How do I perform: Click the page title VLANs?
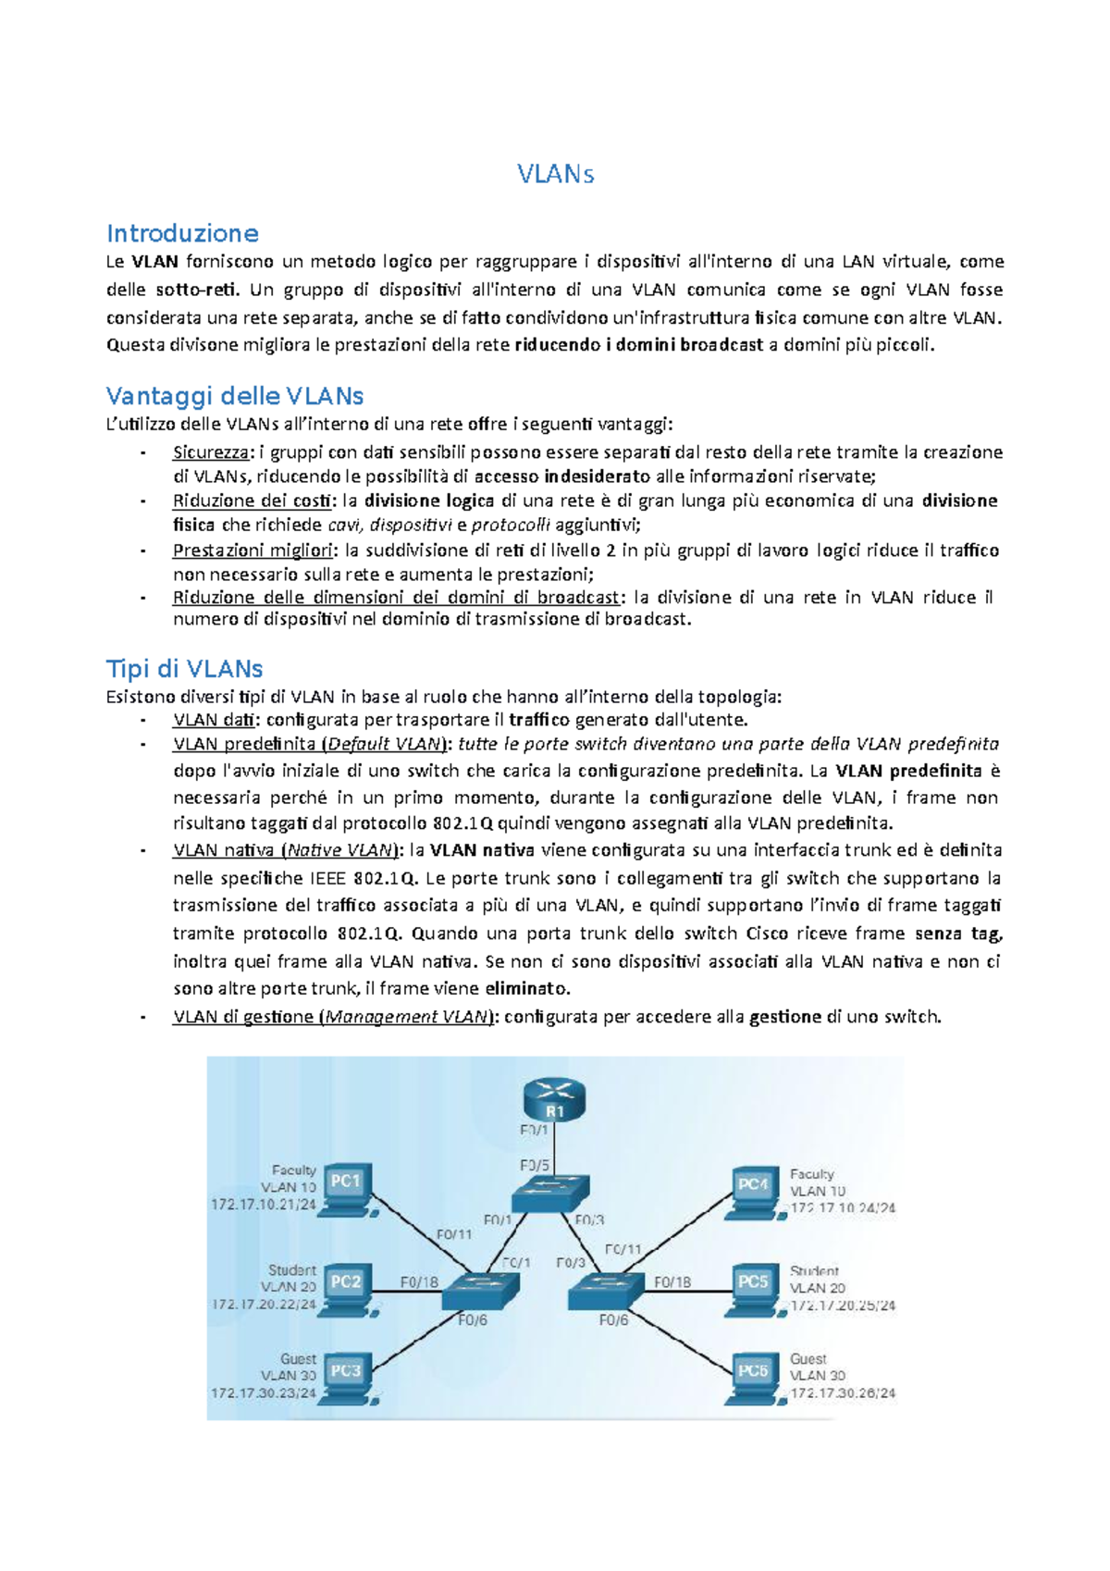point(555,174)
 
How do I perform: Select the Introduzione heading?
point(182,233)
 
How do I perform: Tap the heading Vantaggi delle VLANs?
point(235,396)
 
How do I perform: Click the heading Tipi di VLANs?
point(184,669)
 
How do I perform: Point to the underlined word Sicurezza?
point(211,452)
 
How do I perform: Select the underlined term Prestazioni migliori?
point(253,550)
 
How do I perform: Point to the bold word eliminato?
point(526,988)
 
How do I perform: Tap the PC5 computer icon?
point(754,1286)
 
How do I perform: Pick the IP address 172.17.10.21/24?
point(264,1205)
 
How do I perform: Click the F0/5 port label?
point(535,1166)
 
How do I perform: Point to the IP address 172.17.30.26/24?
point(843,1392)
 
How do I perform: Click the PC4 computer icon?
point(754,1189)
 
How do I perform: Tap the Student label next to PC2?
point(292,1270)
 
